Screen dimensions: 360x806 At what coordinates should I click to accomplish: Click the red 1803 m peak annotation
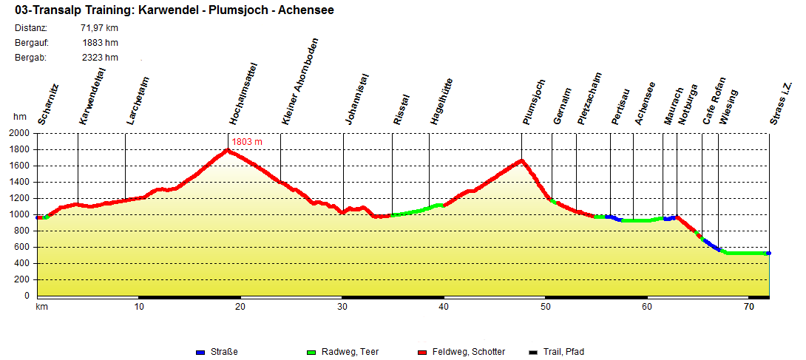248,141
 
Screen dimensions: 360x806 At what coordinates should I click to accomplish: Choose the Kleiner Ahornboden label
300,81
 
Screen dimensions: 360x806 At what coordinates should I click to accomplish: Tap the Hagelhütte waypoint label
441,101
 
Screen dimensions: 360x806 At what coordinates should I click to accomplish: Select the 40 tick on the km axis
444,306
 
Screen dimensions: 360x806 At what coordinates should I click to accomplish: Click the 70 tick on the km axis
749,306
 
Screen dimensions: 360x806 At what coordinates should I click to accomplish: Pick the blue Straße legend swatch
200,352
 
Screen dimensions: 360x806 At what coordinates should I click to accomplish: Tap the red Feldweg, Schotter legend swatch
423,352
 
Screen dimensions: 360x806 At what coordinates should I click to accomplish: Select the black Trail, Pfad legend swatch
534,352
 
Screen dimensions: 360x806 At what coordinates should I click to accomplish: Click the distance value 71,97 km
99,28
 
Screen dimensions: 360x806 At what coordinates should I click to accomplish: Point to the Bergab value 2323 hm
101,58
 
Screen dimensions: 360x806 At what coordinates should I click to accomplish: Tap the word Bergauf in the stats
32,43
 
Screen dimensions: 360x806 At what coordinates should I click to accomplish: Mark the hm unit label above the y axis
20,117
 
